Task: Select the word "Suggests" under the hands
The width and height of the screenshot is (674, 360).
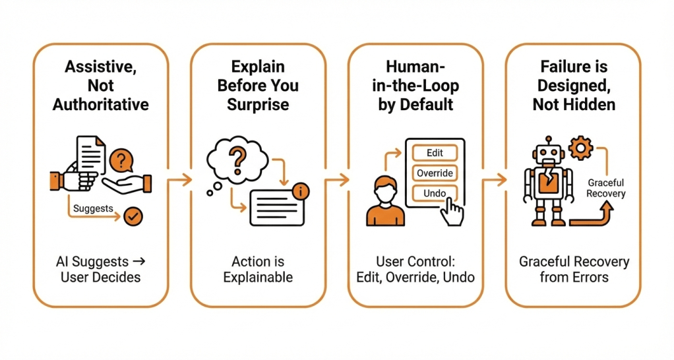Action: pos(93,208)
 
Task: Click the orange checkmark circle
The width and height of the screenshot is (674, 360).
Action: pos(135,216)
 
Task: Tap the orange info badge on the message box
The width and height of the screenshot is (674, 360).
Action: pos(301,191)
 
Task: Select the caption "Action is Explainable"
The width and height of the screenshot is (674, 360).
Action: pos(258,269)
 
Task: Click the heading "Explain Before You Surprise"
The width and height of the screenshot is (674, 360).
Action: pos(258,85)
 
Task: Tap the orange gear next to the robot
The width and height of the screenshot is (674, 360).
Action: pos(581,148)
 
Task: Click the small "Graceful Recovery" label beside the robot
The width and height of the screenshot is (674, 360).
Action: pos(606,189)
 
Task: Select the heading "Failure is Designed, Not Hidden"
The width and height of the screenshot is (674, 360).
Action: pos(572,85)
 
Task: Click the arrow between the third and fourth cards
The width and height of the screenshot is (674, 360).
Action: pos(493,179)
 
